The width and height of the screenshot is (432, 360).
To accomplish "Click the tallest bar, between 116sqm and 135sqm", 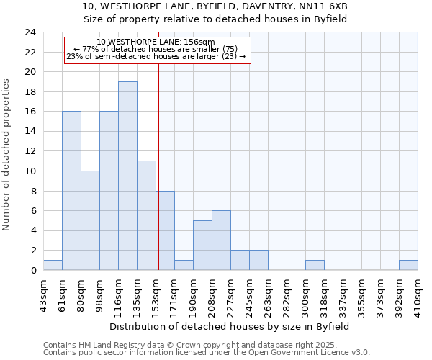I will pyautogui.click(x=127, y=176).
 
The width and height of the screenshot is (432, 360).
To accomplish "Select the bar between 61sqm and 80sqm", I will pyautogui.click(x=71, y=191).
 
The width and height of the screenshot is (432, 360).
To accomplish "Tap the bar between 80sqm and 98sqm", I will pyautogui.click(x=90, y=220).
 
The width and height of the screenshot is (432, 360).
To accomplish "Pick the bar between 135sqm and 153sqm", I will pyautogui.click(x=146, y=215).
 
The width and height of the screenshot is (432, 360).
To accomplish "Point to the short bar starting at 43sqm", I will pyautogui.click(x=53, y=265).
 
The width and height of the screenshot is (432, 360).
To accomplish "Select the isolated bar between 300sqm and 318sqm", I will pyautogui.click(x=315, y=265).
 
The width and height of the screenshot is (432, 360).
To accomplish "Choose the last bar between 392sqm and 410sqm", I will pyautogui.click(x=408, y=265).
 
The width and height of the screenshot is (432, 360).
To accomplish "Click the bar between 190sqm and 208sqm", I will pyautogui.click(x=202, y=246).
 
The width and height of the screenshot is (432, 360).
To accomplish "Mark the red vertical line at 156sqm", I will pyautogui.click(x=158, y=180).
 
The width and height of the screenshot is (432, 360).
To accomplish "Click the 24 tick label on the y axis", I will pyautogui.click(x=30, y=32).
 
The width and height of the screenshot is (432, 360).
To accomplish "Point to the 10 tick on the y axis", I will pyautogui.click(x=30, y=171).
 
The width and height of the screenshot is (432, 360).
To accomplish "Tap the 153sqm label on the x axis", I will pyautogui.click(x=156, y=294).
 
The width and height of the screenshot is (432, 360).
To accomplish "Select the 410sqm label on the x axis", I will pyautogui.click(x=418, y=294).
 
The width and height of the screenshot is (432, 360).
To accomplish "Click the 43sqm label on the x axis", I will pyautogui.click(x=43, y=294).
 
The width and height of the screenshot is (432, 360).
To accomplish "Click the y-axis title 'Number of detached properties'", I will pyautogui.click(x=7, y=155).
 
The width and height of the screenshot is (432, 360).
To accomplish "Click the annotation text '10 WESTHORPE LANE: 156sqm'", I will pyautogui.click(x=156, y=42).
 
